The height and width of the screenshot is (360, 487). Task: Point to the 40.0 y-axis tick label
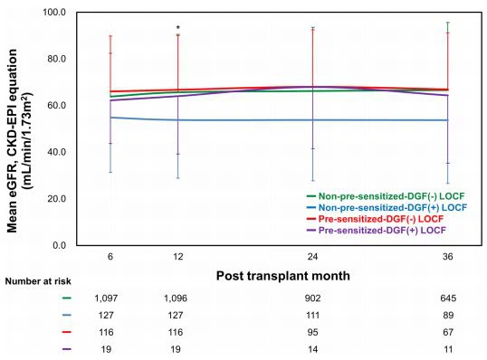tap(57, 152)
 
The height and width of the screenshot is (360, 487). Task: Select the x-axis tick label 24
tap(312, 257)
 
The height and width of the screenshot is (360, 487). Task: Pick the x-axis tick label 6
tap(110, 257)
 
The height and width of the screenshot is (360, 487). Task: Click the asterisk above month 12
tap(178, 29)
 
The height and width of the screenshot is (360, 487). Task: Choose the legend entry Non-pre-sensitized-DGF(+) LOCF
tap(387, 207)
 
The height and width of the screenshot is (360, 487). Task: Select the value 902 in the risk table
tap(312, 298)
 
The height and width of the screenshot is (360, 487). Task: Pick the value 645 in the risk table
tap(446, 298)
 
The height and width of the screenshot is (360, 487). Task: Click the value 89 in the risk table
tap(446, 316)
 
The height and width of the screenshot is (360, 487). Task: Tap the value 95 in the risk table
tap(312, 333)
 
